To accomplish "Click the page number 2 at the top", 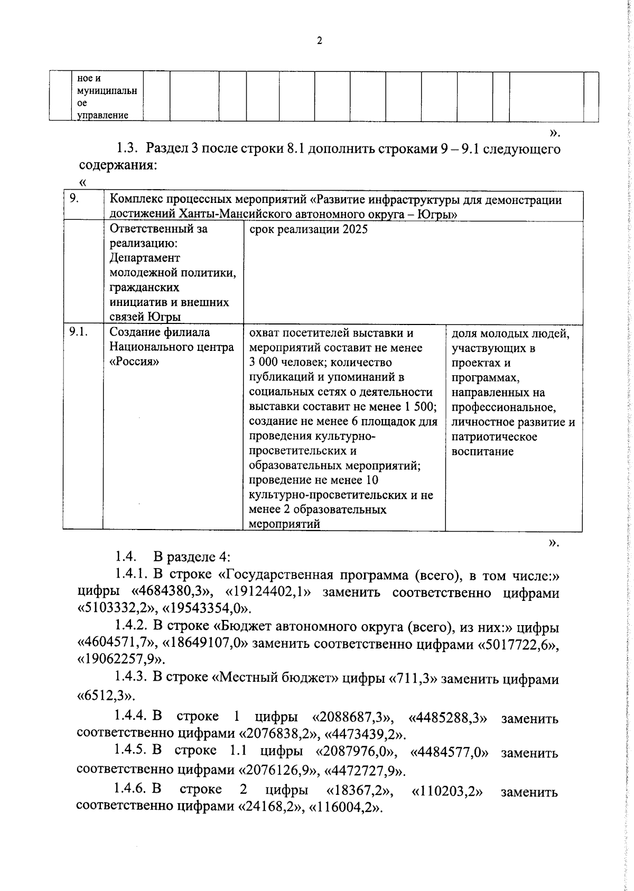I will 319,41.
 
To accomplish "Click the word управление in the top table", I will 103,115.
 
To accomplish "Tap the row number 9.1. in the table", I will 78,332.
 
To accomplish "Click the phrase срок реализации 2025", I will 308,229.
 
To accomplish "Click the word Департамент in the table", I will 145,258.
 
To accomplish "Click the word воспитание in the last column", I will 482,451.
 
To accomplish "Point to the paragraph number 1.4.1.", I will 132,575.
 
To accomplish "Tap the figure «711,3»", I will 413,679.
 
